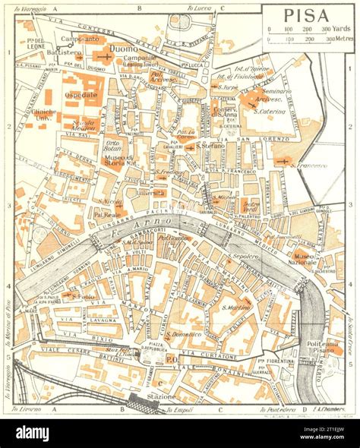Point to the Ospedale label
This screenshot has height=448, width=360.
pos(81,95)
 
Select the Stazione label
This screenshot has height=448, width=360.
pos(161,396)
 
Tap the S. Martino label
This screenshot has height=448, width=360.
pos(236,307)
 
